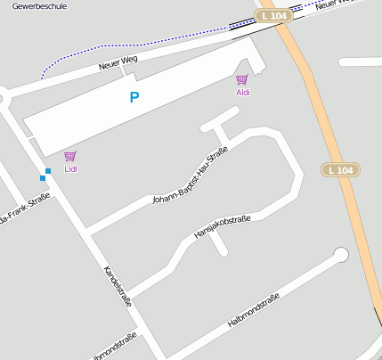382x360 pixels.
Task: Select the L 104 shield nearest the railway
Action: (x=272, y=16)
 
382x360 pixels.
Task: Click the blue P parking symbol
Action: (x=134, y=97)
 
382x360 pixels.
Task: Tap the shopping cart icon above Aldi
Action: (x=241, y=80)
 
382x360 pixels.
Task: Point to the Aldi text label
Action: (x=242, y=92)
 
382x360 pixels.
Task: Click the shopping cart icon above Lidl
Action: (x=69, y=156)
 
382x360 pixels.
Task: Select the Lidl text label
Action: (x=70, y=168)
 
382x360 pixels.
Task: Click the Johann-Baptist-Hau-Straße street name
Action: (x=191, y=176)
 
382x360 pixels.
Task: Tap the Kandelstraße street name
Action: (x=118, y=286)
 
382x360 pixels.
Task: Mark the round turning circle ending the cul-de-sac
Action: (x=340, y=256)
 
